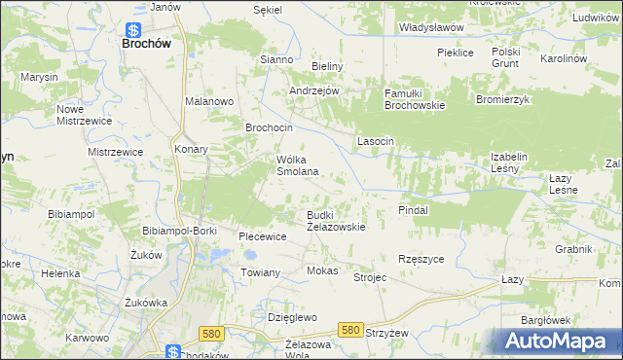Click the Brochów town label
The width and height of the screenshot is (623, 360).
coord(146,43)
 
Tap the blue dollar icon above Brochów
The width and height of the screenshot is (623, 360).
coord(132,28)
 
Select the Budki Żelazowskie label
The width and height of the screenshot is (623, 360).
coord(336,221)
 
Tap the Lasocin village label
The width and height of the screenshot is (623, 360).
coord(375,141)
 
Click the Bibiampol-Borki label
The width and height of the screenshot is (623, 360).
coord(178,231)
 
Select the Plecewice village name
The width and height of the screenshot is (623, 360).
coord(262,236)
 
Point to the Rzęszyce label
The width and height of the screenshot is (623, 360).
coord(421,259)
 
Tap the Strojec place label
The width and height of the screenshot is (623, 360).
coord(370,278)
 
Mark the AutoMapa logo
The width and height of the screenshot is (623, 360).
coord(559,342)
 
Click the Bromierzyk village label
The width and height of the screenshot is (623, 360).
coord(501,100)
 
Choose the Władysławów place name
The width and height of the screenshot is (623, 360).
coord(431,27)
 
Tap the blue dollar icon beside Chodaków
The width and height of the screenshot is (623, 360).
coord(172,351)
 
